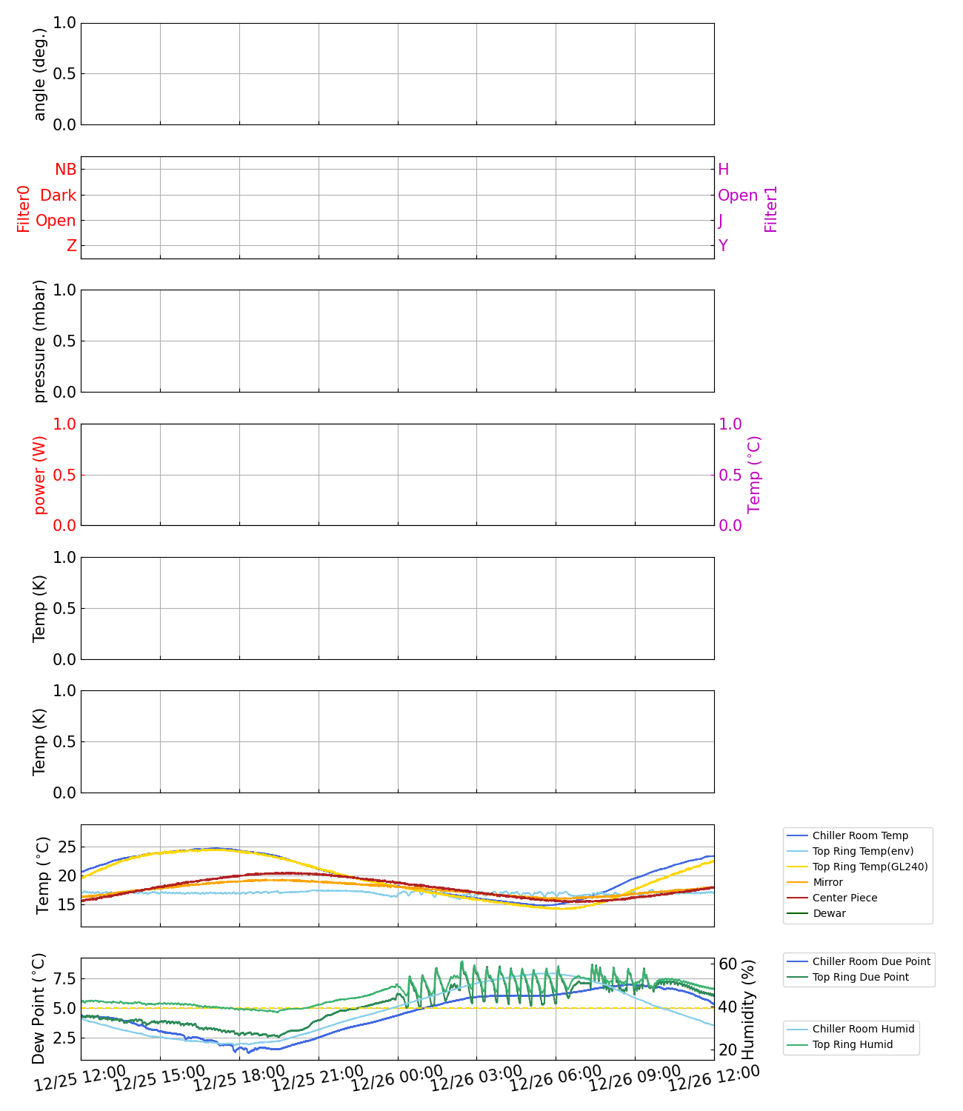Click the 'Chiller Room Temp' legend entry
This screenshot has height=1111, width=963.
point(859,835)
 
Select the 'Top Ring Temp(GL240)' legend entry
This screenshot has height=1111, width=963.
point(870,867)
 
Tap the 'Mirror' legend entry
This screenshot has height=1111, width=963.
point(827,882)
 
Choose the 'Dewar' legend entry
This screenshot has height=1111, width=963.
point(829,913)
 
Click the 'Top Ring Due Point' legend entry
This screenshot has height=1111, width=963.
point(860,977)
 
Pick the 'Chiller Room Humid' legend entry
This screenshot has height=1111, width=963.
point(863,1029)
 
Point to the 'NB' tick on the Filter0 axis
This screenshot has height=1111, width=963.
point(66,170)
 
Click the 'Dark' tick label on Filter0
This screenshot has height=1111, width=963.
point(59,196)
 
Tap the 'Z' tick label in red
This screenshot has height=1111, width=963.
point(72,246)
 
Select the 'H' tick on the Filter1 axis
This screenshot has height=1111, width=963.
point(724,170)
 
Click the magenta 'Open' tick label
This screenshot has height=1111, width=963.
point(738,196)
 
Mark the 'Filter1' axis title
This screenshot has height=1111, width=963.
point(771,209)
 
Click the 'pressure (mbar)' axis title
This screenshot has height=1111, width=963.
point(40,341)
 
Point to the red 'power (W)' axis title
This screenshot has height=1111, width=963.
point(40,475)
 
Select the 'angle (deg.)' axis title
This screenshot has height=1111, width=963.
point(40,74)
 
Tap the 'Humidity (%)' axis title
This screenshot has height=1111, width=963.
point(748,1009)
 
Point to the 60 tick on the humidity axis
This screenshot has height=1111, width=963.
point(727,964)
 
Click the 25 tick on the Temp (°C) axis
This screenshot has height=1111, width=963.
point(67,847)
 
